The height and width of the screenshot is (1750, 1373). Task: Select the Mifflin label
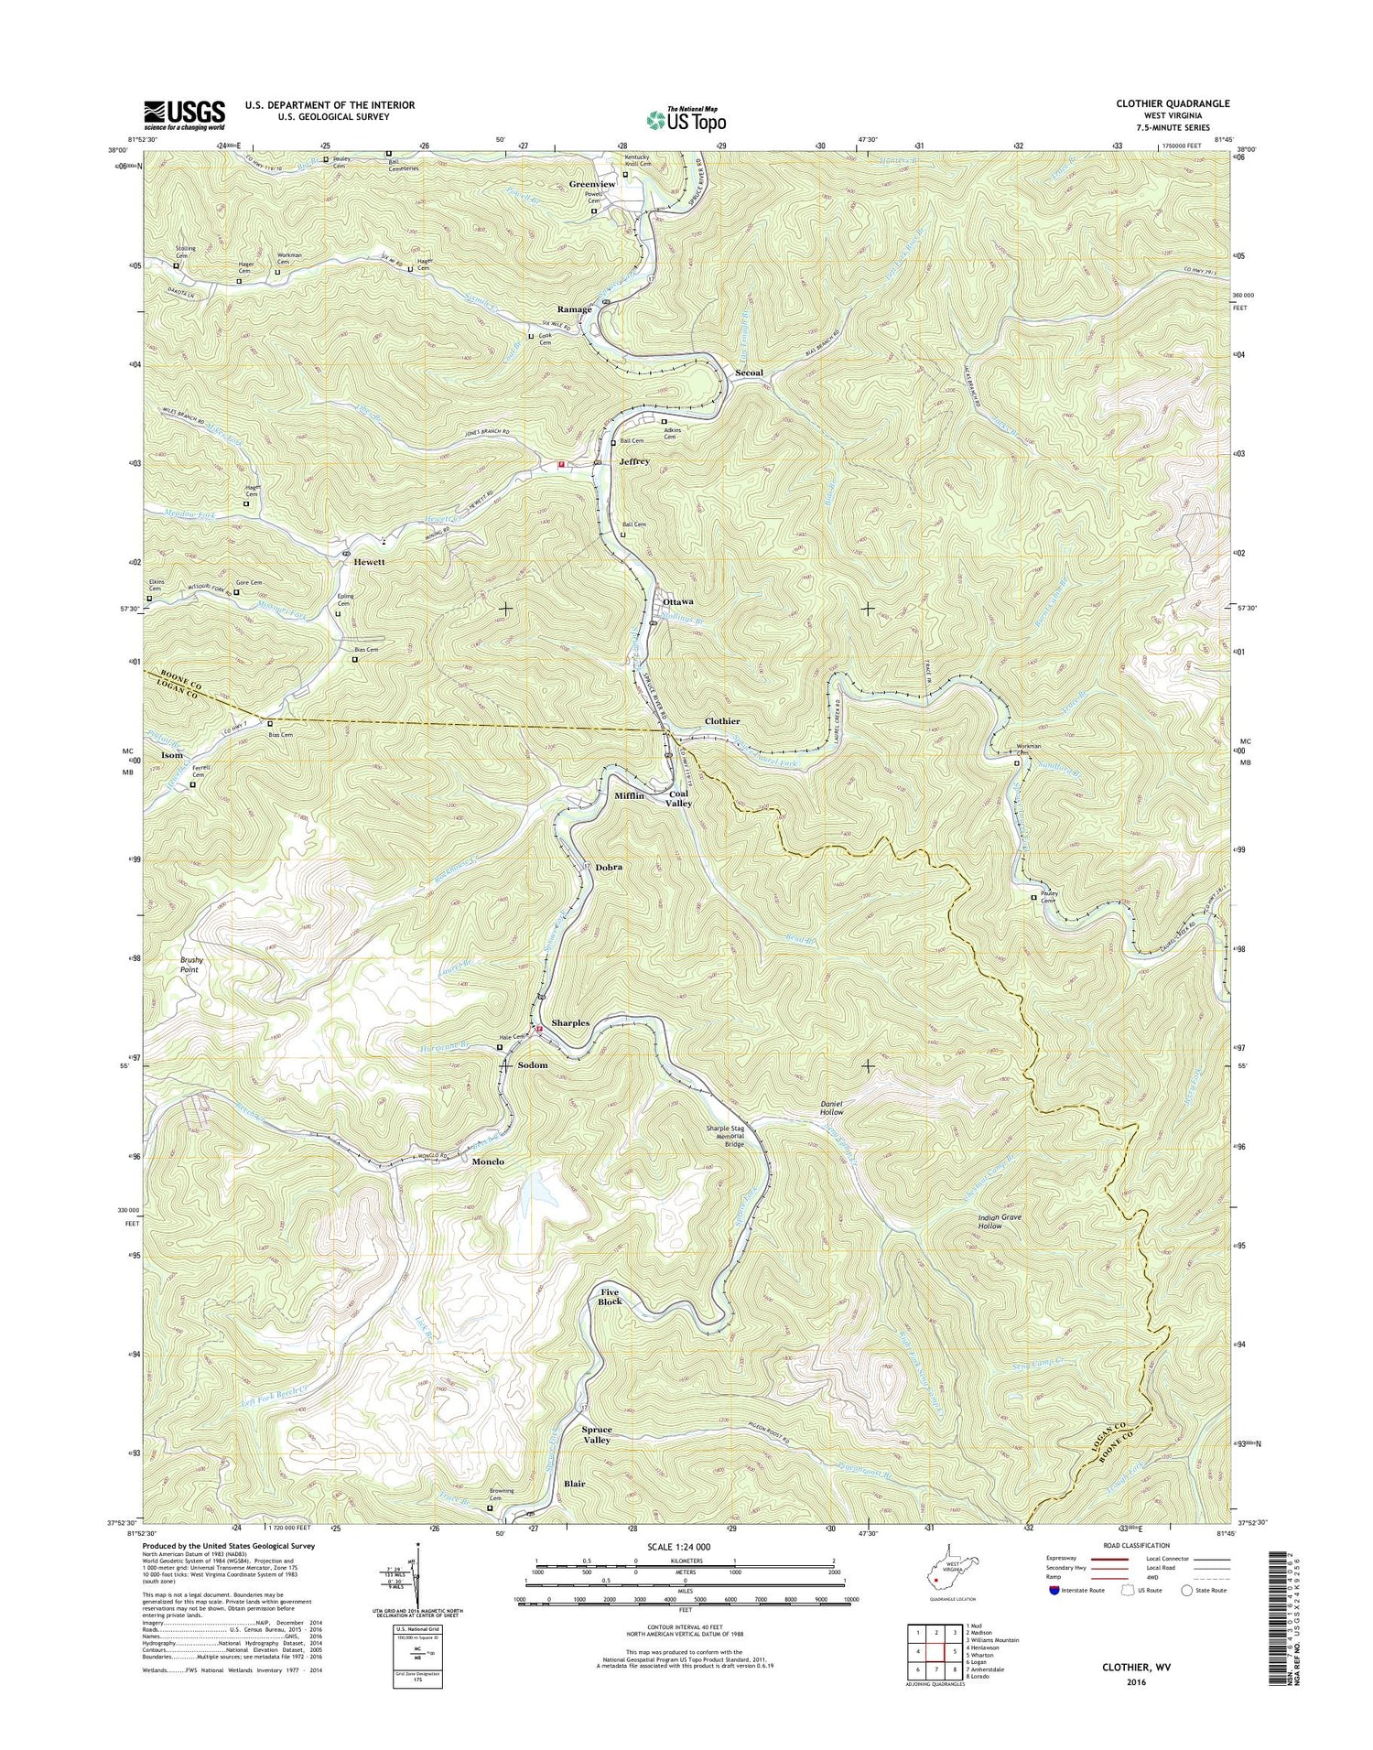click(x=629, y=795)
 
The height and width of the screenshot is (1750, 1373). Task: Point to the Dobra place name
click(x=609, y=866)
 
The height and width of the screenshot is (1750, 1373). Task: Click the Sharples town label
click(x=570, y=1022)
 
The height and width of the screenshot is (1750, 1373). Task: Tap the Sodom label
click(x=533, y=1065)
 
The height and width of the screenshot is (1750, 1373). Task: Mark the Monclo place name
click(x=488, y=1161)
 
